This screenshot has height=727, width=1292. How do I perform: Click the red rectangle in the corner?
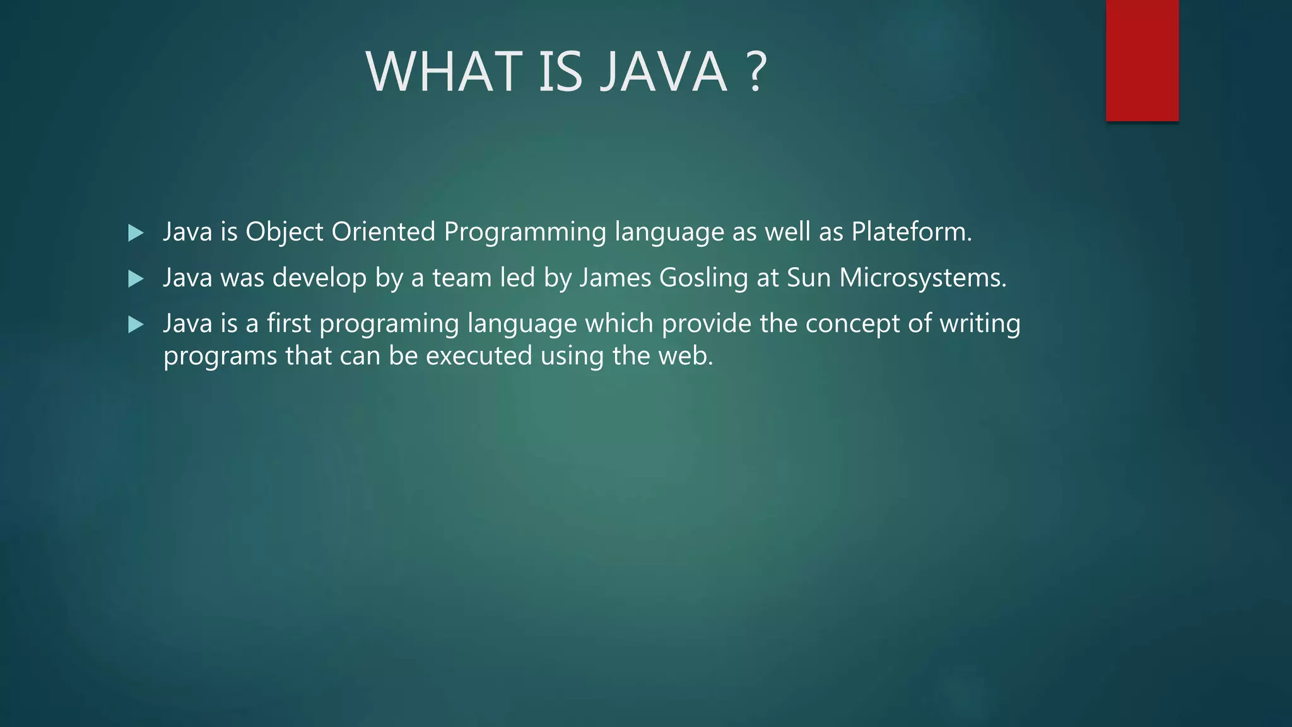pyautogui.click(x=1142, y=61)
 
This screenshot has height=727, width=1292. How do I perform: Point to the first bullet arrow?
pyautogui.click(x=136, y=233)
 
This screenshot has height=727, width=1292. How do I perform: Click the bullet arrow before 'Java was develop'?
pyautogui.click(x=136, y=279)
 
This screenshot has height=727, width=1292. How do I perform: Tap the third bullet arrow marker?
pyautogui.click(x=136, y=325)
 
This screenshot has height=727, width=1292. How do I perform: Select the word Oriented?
pyautogui.click(x=384, y=232)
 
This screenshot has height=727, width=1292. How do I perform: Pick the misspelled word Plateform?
pyautogui.click(x=911, y=232)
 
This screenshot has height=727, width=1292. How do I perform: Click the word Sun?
pyautogui.click(x=809, y=278)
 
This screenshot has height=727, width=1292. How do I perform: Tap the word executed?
pyautogui.click(x=479, y=356)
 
